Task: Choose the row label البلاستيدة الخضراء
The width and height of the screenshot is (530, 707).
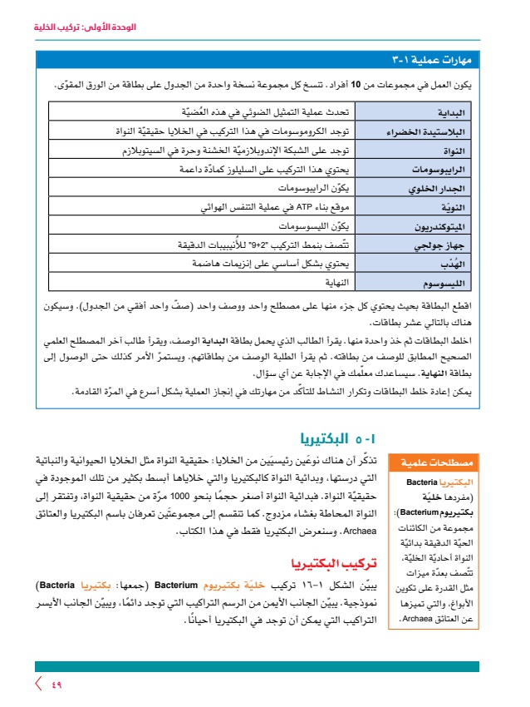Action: [x=432, y=131]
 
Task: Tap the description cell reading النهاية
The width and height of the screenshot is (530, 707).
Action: [x=331, y=282]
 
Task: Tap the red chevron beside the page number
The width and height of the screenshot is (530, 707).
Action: [x=38, y=685]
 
